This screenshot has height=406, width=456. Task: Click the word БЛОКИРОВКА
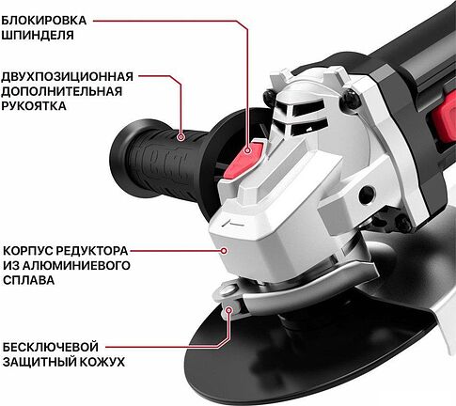click(x=44, y=21)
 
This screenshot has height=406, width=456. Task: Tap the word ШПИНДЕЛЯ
click(x=38, y=35)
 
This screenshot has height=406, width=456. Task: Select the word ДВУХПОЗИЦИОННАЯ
click(x=68, y=76)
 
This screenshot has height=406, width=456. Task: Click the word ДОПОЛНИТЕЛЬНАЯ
click(x=62, y=91)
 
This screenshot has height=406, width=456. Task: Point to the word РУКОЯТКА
click(x=34, y=106)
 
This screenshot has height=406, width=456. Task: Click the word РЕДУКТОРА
click(x=92, y=251)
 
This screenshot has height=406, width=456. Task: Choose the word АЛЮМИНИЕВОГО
click(x=77, y=266)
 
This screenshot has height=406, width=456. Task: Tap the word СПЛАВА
click(x=29, y=280)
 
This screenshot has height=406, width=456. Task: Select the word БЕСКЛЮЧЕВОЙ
click(x=51, y=347)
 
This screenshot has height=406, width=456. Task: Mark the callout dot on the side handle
click(x=181, y=137)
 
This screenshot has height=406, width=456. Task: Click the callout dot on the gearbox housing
click(x=224, y=251)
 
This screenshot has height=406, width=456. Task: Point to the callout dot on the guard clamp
click(x=229, y=310)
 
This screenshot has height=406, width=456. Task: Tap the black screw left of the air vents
click(x=270, y=97)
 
